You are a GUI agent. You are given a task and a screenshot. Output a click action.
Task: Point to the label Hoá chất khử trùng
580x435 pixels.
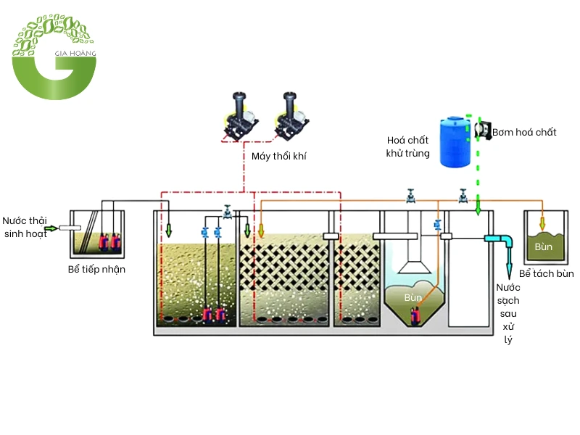pos(408,146)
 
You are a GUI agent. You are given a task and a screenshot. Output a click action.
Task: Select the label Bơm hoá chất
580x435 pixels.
pos(524,132)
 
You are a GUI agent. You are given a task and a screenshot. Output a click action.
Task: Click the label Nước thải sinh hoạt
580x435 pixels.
pos(23,227)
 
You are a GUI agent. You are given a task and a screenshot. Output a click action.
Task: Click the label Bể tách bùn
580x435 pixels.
pos(546,273)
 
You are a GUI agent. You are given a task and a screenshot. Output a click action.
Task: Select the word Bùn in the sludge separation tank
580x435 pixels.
pos(544,247)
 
